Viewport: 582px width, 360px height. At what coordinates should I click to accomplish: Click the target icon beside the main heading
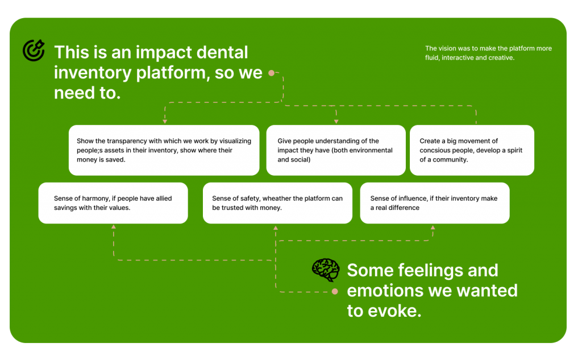click(34, 50)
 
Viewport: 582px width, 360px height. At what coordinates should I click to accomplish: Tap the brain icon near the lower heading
click(326, 270)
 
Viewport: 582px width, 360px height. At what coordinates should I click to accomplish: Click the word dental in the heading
click(222, 52)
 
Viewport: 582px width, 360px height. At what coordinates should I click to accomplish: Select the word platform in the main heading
click(170, 73)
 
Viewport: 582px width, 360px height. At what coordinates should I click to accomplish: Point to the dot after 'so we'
click(271, 73)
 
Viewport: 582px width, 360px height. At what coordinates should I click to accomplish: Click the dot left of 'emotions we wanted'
click(335, 291)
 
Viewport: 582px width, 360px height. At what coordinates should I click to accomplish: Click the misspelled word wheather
click(277, 198)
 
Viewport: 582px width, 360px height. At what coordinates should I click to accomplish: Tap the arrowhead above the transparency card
click(165, 122)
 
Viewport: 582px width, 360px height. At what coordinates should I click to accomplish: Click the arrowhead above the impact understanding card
click(336, 122)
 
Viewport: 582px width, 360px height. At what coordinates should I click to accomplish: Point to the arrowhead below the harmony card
click(114, 226)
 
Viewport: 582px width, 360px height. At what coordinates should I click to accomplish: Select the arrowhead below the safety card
click(276, 227)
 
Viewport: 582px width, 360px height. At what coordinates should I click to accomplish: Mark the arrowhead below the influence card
click(433, 227)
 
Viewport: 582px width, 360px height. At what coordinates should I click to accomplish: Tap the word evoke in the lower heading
click(394, 311)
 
